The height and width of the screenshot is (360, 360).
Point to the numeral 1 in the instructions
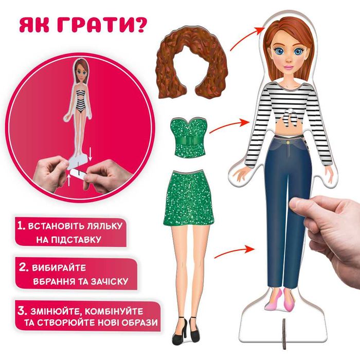(x=21, y=225)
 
